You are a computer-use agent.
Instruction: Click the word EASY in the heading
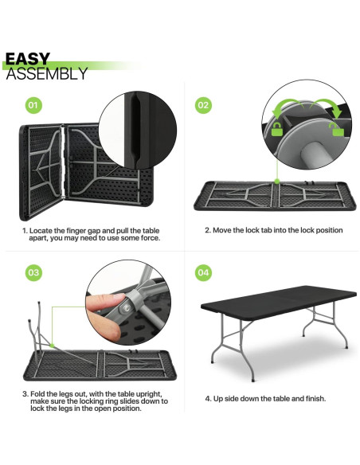[x=28, y=59]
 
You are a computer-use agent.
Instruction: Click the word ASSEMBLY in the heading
[x=46, y=74]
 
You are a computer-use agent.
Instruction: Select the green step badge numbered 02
[x=203, y=104]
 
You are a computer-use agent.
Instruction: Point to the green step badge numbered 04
[x=203, y=273]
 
